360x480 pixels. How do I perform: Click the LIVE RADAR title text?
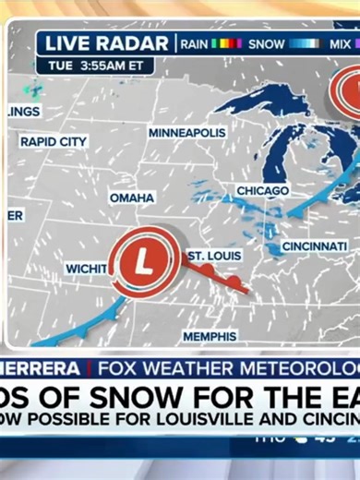pos(106,43)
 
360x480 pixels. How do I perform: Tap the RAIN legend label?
pos(194,43)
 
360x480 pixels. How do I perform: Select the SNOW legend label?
pos(268,43)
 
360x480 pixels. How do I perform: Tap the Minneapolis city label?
pos(186,133)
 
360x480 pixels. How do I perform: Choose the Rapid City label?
pos(54,142)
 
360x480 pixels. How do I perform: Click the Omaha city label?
pos(132,198)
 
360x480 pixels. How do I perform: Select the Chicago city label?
pos(262,190)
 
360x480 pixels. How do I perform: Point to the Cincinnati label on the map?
pos(315,246)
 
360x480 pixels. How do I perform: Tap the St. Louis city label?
pos(214,255)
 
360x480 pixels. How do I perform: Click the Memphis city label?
pos(210,336)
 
